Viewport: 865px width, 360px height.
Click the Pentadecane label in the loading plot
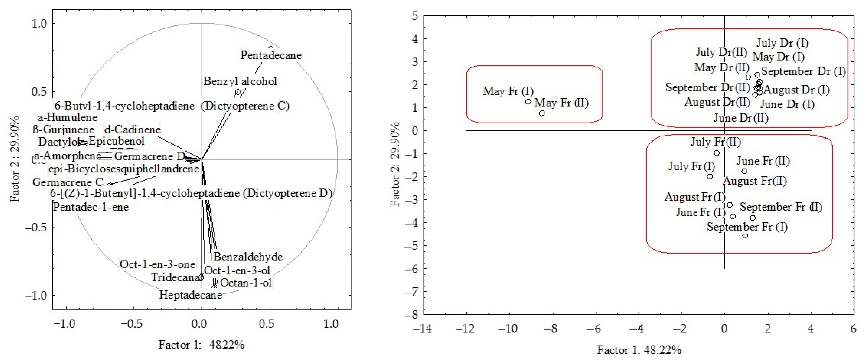(x=271, y=55)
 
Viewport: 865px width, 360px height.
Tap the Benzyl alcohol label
(x=240, y=81)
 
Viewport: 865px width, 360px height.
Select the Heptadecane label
(x=190, y=295)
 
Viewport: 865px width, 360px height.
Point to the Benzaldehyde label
(x=248, y=257)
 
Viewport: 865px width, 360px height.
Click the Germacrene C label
(x=68, y=182)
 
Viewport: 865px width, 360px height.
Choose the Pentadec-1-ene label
(x=91, y=207)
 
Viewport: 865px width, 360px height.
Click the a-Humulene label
(x=68, y=118)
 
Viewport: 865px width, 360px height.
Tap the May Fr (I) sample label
(x=508, y=91)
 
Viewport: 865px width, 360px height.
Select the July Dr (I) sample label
(x=782, y=43)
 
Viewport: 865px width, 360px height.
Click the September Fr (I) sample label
(x=747, y=227)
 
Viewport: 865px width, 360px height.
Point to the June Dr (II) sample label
(x=741, y=118)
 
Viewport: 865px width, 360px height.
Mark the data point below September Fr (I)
(x=745, y=236)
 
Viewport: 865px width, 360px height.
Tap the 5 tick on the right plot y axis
(x=415, y=16)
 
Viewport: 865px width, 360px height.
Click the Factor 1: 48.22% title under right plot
(x=639, y=350)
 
